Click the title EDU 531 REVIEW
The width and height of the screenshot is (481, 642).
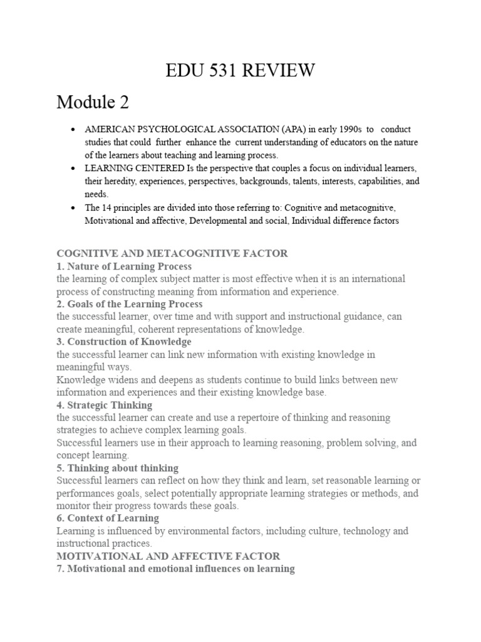pos(240,71)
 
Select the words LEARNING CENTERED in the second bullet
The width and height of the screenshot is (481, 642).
pos(132,169)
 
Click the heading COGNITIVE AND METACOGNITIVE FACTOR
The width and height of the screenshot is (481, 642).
pos(172,253)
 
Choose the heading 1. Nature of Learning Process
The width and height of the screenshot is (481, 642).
pos(124,266)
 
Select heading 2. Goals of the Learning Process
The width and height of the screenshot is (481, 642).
pos(130,304)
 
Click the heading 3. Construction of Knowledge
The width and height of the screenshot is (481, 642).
pos(124,342)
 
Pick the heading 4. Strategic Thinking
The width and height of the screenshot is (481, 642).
pos(105,405)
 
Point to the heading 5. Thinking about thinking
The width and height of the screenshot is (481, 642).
pos(118,468)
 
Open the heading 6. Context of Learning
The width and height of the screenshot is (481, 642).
pos(108,518)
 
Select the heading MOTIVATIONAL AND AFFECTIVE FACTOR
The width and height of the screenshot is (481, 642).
pos(168,556)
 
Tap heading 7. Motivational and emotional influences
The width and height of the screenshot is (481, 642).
pos(176,569)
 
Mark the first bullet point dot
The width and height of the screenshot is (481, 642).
pos(74,130)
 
